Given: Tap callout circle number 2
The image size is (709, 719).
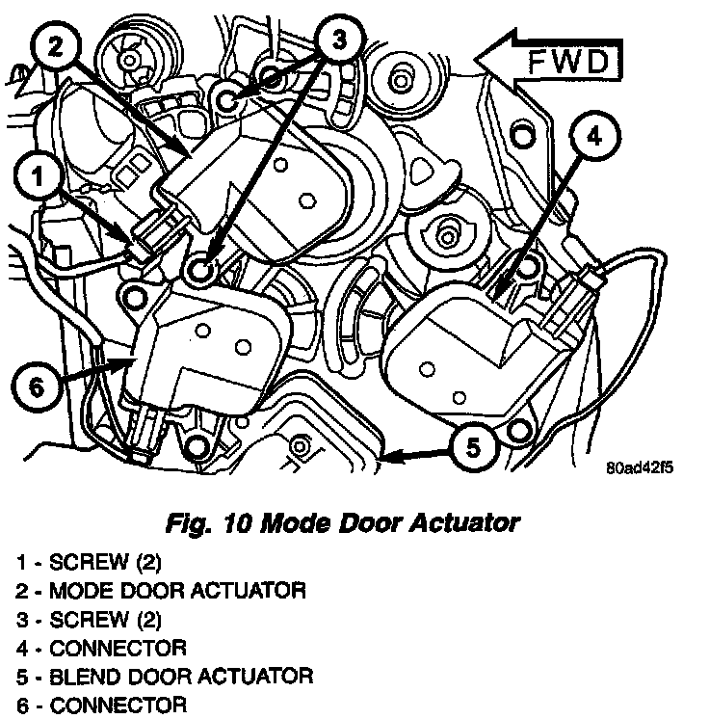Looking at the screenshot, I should point(56,48).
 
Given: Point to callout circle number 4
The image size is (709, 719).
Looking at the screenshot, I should point(594,137).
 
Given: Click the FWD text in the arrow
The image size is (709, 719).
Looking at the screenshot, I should point(569,65).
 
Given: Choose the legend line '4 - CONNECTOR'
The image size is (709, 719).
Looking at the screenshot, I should point(101,648).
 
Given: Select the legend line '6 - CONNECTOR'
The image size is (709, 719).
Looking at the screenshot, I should point(101,706).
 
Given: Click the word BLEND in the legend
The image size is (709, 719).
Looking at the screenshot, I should point(80,677).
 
